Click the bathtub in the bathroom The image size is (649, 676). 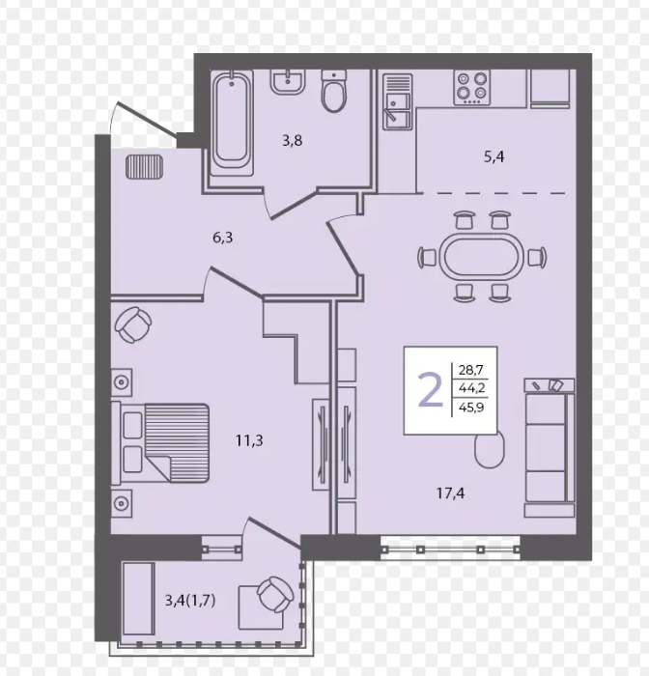pos(232,123)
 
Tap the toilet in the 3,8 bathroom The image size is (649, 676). pos(334,92)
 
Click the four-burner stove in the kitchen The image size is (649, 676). pos(471,88)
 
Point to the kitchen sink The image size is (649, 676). pos(398,101)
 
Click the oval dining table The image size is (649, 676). pos(482,258)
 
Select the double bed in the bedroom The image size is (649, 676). pos(160,442)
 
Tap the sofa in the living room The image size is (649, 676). pos(550,447)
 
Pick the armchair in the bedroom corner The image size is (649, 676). pos(133,324)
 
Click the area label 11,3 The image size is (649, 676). pos(249,440)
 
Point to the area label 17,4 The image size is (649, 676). pos(451,493)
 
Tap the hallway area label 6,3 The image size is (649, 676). pos(223,238)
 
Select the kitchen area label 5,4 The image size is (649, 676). pos(494,156)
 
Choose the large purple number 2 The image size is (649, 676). pos(431,390)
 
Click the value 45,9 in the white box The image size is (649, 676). pos(471,407)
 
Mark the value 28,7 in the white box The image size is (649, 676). pos(471,370)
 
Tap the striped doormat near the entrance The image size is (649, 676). pos(145,166)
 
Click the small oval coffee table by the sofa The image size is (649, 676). pos(490,449)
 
